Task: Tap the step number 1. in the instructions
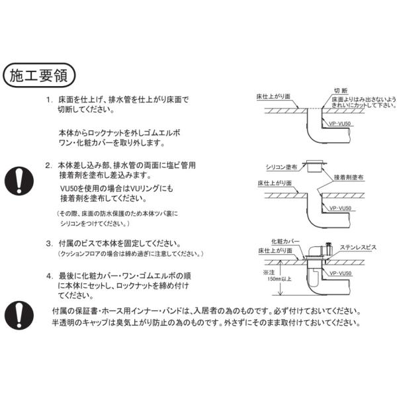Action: [50, 100]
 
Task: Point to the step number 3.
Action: [50, 243]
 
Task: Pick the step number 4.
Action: [50, 275]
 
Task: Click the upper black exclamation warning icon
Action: [23, 179]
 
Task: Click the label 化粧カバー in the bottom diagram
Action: [285, 242]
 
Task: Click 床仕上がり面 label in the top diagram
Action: [274, 97]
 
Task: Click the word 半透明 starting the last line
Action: [64, 324]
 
